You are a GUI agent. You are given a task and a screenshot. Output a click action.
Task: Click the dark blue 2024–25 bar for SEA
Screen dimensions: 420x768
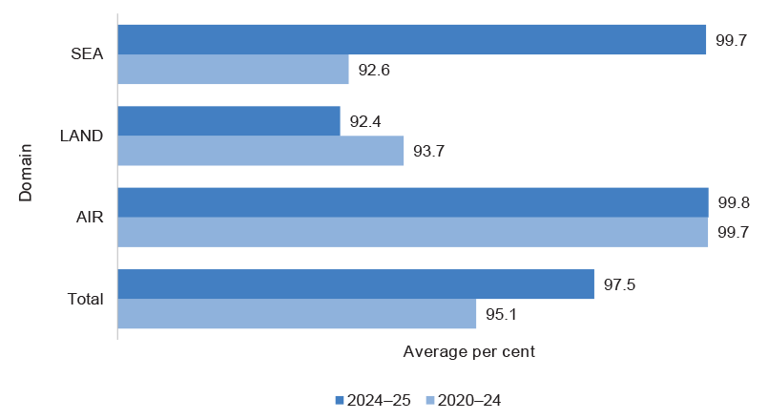pyautogui.click(x=411, y=39)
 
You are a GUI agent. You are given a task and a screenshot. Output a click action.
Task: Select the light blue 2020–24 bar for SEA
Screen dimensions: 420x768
pyautogui.click(x=233, y=70)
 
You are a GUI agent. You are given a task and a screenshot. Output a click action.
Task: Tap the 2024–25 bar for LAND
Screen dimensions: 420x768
pyautogui.click(x=228, y=121)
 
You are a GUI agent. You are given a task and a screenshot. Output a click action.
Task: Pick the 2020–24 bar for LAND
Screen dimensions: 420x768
pyautogui.click(x=260, y=151)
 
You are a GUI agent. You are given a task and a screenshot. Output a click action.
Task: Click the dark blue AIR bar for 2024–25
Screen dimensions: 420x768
pyautogui.click(x=412, y=202)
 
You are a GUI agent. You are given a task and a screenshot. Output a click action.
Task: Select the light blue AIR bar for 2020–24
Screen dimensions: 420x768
pyautogui.click(x=412, y=232)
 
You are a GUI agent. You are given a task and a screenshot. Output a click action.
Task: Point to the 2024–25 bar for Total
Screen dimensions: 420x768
pyautogui.click(x=355, y=283)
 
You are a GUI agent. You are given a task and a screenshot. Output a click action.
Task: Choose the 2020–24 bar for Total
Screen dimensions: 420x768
pyautogui.click(x=296, y=314)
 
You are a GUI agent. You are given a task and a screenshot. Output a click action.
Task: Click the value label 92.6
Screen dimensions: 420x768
pyautogui.click(x=373, y=70)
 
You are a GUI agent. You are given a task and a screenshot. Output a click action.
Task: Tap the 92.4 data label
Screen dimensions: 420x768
pyautogui.click(x=364, y=121)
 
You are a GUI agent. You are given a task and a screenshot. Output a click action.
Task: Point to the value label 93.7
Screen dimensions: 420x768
pyautogui.click(x=428, y=151)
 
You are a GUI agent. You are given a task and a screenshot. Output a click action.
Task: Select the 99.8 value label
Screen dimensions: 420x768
pyautogui.click(x=733, y=202)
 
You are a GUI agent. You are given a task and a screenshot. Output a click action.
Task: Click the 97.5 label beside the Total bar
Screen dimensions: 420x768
pyautogui.click(x=619, y=283)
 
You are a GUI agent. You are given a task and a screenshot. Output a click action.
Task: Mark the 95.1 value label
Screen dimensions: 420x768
pyautogui.click(x=501, y=314)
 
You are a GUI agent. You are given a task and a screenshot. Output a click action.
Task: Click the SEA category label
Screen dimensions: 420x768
pyautogui.click(x=87, y=54)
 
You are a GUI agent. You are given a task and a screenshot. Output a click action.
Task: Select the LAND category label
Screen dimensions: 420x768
pyautogui.click(x=82, y=136)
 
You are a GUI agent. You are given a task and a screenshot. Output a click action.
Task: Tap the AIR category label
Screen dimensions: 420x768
pyautogui.click(x=90, y=217)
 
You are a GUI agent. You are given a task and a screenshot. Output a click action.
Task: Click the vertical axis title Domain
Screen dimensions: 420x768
pyautogui.click(x=26, y=173)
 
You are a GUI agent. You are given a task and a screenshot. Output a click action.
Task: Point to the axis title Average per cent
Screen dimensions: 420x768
pyautogui.click(x=468, y=351)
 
